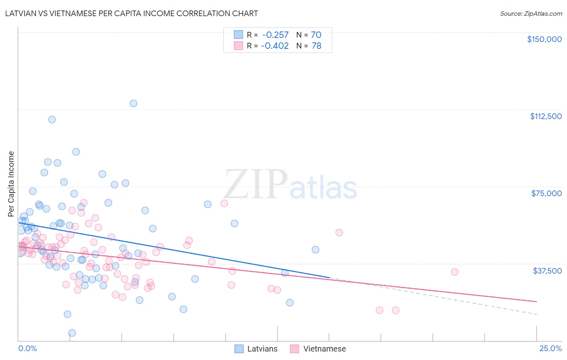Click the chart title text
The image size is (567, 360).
click(131, 13)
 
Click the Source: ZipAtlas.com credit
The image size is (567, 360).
click(531, 13)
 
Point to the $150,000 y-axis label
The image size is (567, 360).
click(544, 39)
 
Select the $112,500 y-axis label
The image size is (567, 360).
click(545, 116)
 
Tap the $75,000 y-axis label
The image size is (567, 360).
click(546, 193)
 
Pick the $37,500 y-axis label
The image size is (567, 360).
click(547, 270)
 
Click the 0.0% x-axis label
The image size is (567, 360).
click(27, 348)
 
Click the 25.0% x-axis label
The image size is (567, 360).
click(550, 348)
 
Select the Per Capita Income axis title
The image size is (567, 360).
click(11, 184)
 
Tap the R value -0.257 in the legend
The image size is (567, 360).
click(275, 35)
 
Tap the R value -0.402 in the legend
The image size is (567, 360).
click(275, 46)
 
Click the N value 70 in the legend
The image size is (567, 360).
click(316, 35)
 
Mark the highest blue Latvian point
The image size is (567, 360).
click(133, 103)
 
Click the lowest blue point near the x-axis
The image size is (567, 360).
click(72, 333)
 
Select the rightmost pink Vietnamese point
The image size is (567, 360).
click(454, 272)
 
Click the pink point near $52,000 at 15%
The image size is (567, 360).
click(339, 232)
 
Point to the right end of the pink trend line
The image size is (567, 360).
click(536, 301)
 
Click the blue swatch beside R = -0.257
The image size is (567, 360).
click(239, 35)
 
